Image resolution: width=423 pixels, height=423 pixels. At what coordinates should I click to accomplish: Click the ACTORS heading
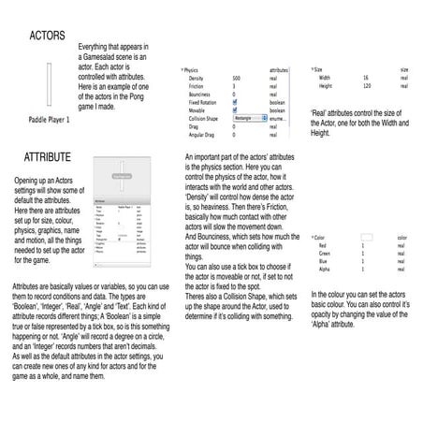point(48,36)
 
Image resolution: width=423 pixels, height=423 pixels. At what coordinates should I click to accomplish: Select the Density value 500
point(237,77)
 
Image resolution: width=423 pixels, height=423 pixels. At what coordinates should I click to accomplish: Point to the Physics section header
point(192,70)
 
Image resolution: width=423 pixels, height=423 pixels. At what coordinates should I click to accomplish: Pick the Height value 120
point(366,85)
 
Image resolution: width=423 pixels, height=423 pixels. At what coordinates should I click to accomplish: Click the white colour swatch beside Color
point(366,238)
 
